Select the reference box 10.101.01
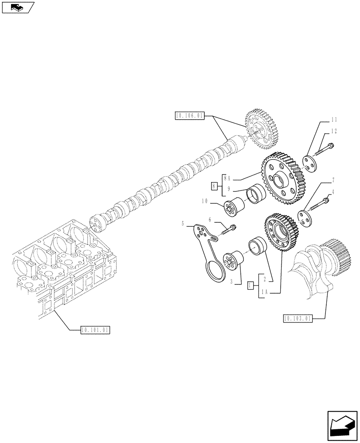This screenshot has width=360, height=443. [95, 330]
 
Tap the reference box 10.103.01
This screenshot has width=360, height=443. [297, 318]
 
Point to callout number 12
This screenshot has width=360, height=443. [333, 131]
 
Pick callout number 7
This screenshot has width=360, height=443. [333, 180]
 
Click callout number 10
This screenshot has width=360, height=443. [205, 201]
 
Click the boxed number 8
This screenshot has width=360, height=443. [214, 187]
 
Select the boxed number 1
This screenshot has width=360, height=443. [250, 286]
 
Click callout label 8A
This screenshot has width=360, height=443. [227, 178]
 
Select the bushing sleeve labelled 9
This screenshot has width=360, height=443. [256, 195]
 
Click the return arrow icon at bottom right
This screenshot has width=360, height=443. [341, 426]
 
